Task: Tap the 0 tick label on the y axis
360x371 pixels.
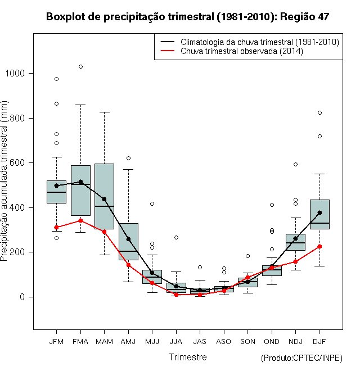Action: pyautogui.click(x=22, y=297)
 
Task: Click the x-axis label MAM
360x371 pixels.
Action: pyautogui.click(x=104, y=342)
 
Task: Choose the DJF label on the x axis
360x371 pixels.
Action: pyautogui.click(x=319, y=342)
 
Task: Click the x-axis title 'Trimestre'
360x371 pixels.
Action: pyautogui.click(x=187, y=357)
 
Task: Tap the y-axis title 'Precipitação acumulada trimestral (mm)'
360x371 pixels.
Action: pyautogui.click(x=4, y=181)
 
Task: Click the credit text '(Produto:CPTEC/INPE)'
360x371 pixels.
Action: pyautogui.click(x=301, y=358)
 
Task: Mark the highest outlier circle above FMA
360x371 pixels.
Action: pyautogui.click(x=80, y=67)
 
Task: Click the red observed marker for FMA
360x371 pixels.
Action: pyautogui.click(x=80, y=220)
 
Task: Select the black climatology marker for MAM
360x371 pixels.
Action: pyautogui.click(x=104, y=199)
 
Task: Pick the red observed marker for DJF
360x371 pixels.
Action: pyautogui.click(x=319, y=247)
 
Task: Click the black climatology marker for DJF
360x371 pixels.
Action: pyautogui.click(x=319, y=212)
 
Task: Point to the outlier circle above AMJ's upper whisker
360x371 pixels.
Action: pyautogui.click(x=128, y=159)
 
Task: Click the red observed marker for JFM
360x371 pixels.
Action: pyautogui.click(x=56, y=228)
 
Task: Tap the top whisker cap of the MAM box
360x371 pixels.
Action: pyautogui.click(x=104, y=112)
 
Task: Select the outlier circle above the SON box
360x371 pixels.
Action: pyautogui.click(x=247, y=256)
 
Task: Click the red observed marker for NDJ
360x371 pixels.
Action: pyautogui.click(x=295, y=262)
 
